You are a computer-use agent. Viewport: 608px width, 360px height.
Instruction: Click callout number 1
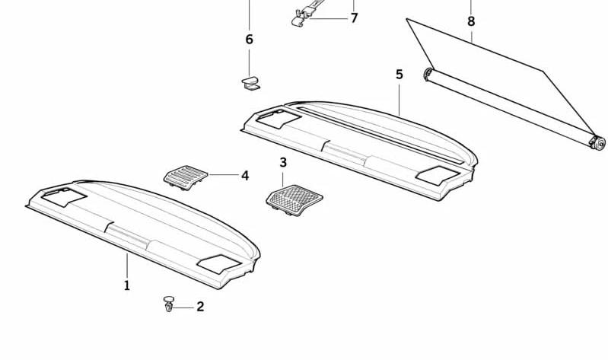127,286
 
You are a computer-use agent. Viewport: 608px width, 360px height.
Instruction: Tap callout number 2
200,307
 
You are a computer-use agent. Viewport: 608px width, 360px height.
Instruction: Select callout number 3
283,163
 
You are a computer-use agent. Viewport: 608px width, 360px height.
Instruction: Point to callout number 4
245,176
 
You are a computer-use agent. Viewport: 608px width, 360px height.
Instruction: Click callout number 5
399,74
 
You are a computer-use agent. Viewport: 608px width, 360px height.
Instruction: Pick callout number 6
250,39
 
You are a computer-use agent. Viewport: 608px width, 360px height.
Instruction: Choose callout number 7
354,18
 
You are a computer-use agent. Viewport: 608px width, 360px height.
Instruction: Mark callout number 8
471,21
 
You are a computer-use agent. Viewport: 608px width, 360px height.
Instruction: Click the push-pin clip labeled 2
169,304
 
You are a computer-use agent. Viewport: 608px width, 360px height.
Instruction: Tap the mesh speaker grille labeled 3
294,200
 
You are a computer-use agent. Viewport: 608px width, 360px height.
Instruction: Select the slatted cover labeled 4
186,177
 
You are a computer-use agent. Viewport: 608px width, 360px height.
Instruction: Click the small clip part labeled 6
251,84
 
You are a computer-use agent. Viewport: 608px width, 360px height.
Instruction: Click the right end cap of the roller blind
597,143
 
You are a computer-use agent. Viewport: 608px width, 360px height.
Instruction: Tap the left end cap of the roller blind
428,74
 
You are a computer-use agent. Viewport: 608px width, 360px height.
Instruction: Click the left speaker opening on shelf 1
64,197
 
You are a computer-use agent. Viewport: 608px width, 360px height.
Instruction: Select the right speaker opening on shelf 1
219,264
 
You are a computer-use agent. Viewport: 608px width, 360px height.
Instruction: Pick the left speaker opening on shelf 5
279,119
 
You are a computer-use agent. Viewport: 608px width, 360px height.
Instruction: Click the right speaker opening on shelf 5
438,175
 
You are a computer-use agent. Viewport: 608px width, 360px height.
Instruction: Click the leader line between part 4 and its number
224,175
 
